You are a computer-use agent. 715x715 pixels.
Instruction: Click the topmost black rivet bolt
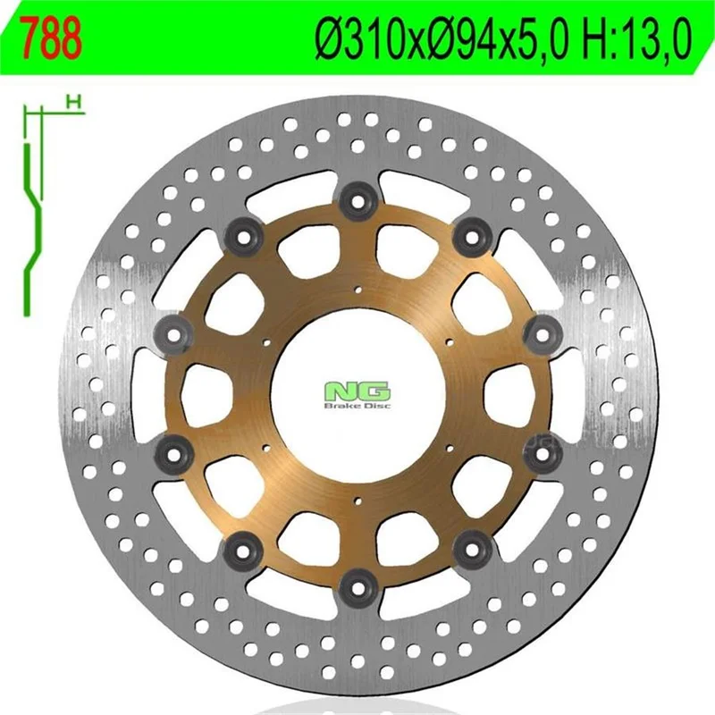coord(359,200)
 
